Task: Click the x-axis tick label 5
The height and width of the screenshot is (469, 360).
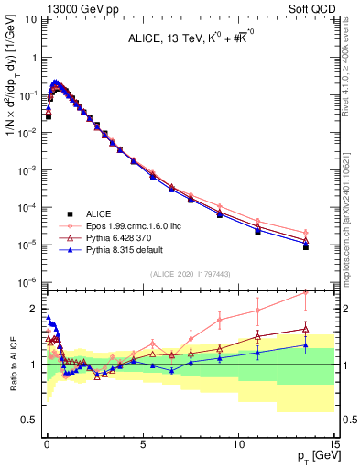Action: click(x=142, y=444)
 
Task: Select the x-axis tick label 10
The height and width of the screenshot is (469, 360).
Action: click(x=238, y=444)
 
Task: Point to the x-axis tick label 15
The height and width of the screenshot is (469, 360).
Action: click(x=333, y=444)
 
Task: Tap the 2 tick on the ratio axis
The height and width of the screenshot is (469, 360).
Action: click(x=34, y=308)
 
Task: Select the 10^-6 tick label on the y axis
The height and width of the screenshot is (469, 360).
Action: click(x=27, y=281)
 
